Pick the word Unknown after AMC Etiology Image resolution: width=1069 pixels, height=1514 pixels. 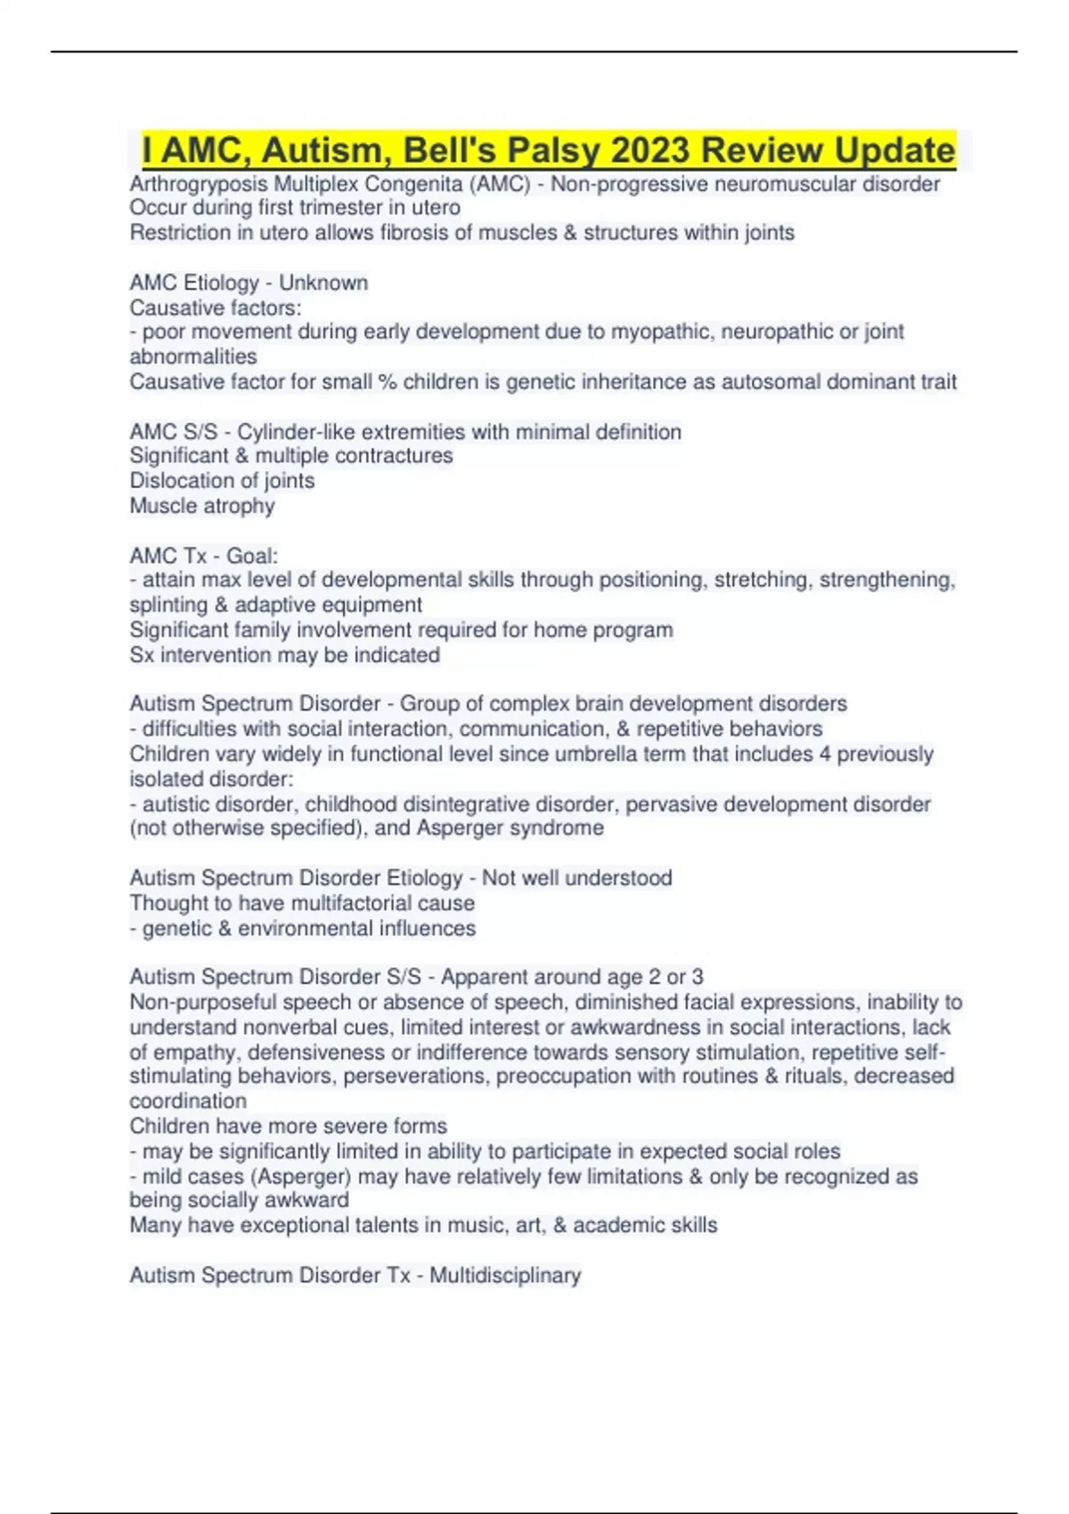(x=323, y=282)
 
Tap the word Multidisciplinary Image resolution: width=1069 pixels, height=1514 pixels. (x=505, y=1275)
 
